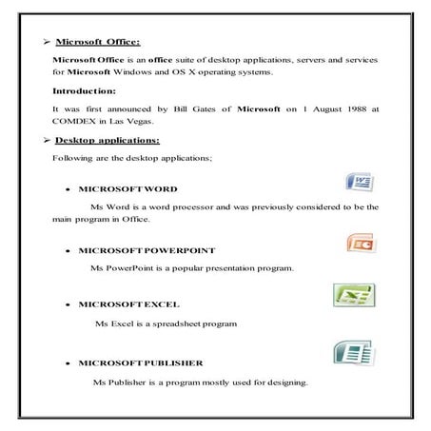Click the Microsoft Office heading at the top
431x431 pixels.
(x=98, y=42)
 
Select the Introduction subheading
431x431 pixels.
(x=85, y=91)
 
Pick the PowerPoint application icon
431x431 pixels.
(x=360, y=243)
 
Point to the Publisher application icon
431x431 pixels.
(x=352, y=355)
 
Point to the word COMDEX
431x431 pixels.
(x=75, y=123)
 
